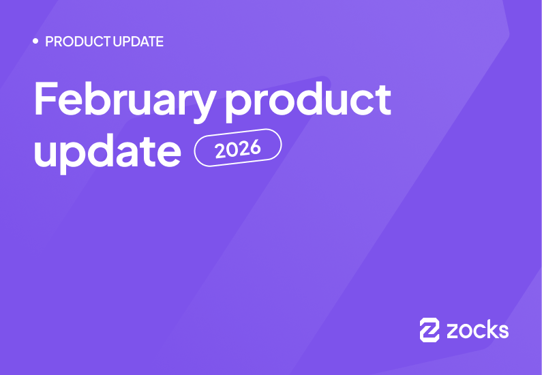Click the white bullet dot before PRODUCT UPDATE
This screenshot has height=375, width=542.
[35, 42]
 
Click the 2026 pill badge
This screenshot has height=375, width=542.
[238, 148]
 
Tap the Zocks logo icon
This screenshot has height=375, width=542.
[430, 330]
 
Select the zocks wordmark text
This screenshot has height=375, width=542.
[477, 330]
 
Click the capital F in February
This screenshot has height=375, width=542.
[46, 99]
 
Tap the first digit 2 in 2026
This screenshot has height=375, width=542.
[220, 151]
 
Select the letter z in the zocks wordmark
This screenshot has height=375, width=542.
[453, 331]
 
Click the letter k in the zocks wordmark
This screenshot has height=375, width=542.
[490, 330]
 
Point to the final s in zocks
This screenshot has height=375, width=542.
[502, 331]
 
